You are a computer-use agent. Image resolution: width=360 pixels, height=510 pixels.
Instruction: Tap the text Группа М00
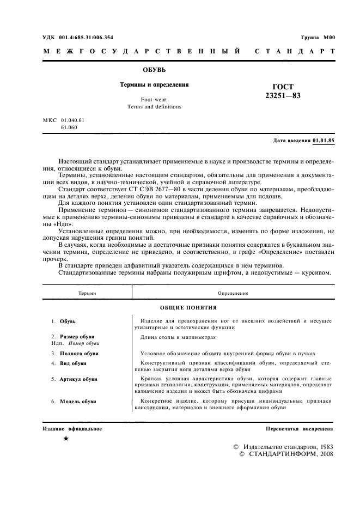318,37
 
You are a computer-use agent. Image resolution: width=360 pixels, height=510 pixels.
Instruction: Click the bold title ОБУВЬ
154,70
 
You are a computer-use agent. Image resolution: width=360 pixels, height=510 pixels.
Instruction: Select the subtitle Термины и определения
154,85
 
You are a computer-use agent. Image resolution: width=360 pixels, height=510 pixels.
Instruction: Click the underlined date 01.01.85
324,141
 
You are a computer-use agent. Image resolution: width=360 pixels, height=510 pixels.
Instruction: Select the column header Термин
87,293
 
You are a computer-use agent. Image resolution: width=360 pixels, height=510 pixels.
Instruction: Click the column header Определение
233,293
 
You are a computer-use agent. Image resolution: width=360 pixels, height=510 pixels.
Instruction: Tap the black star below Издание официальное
65,439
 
